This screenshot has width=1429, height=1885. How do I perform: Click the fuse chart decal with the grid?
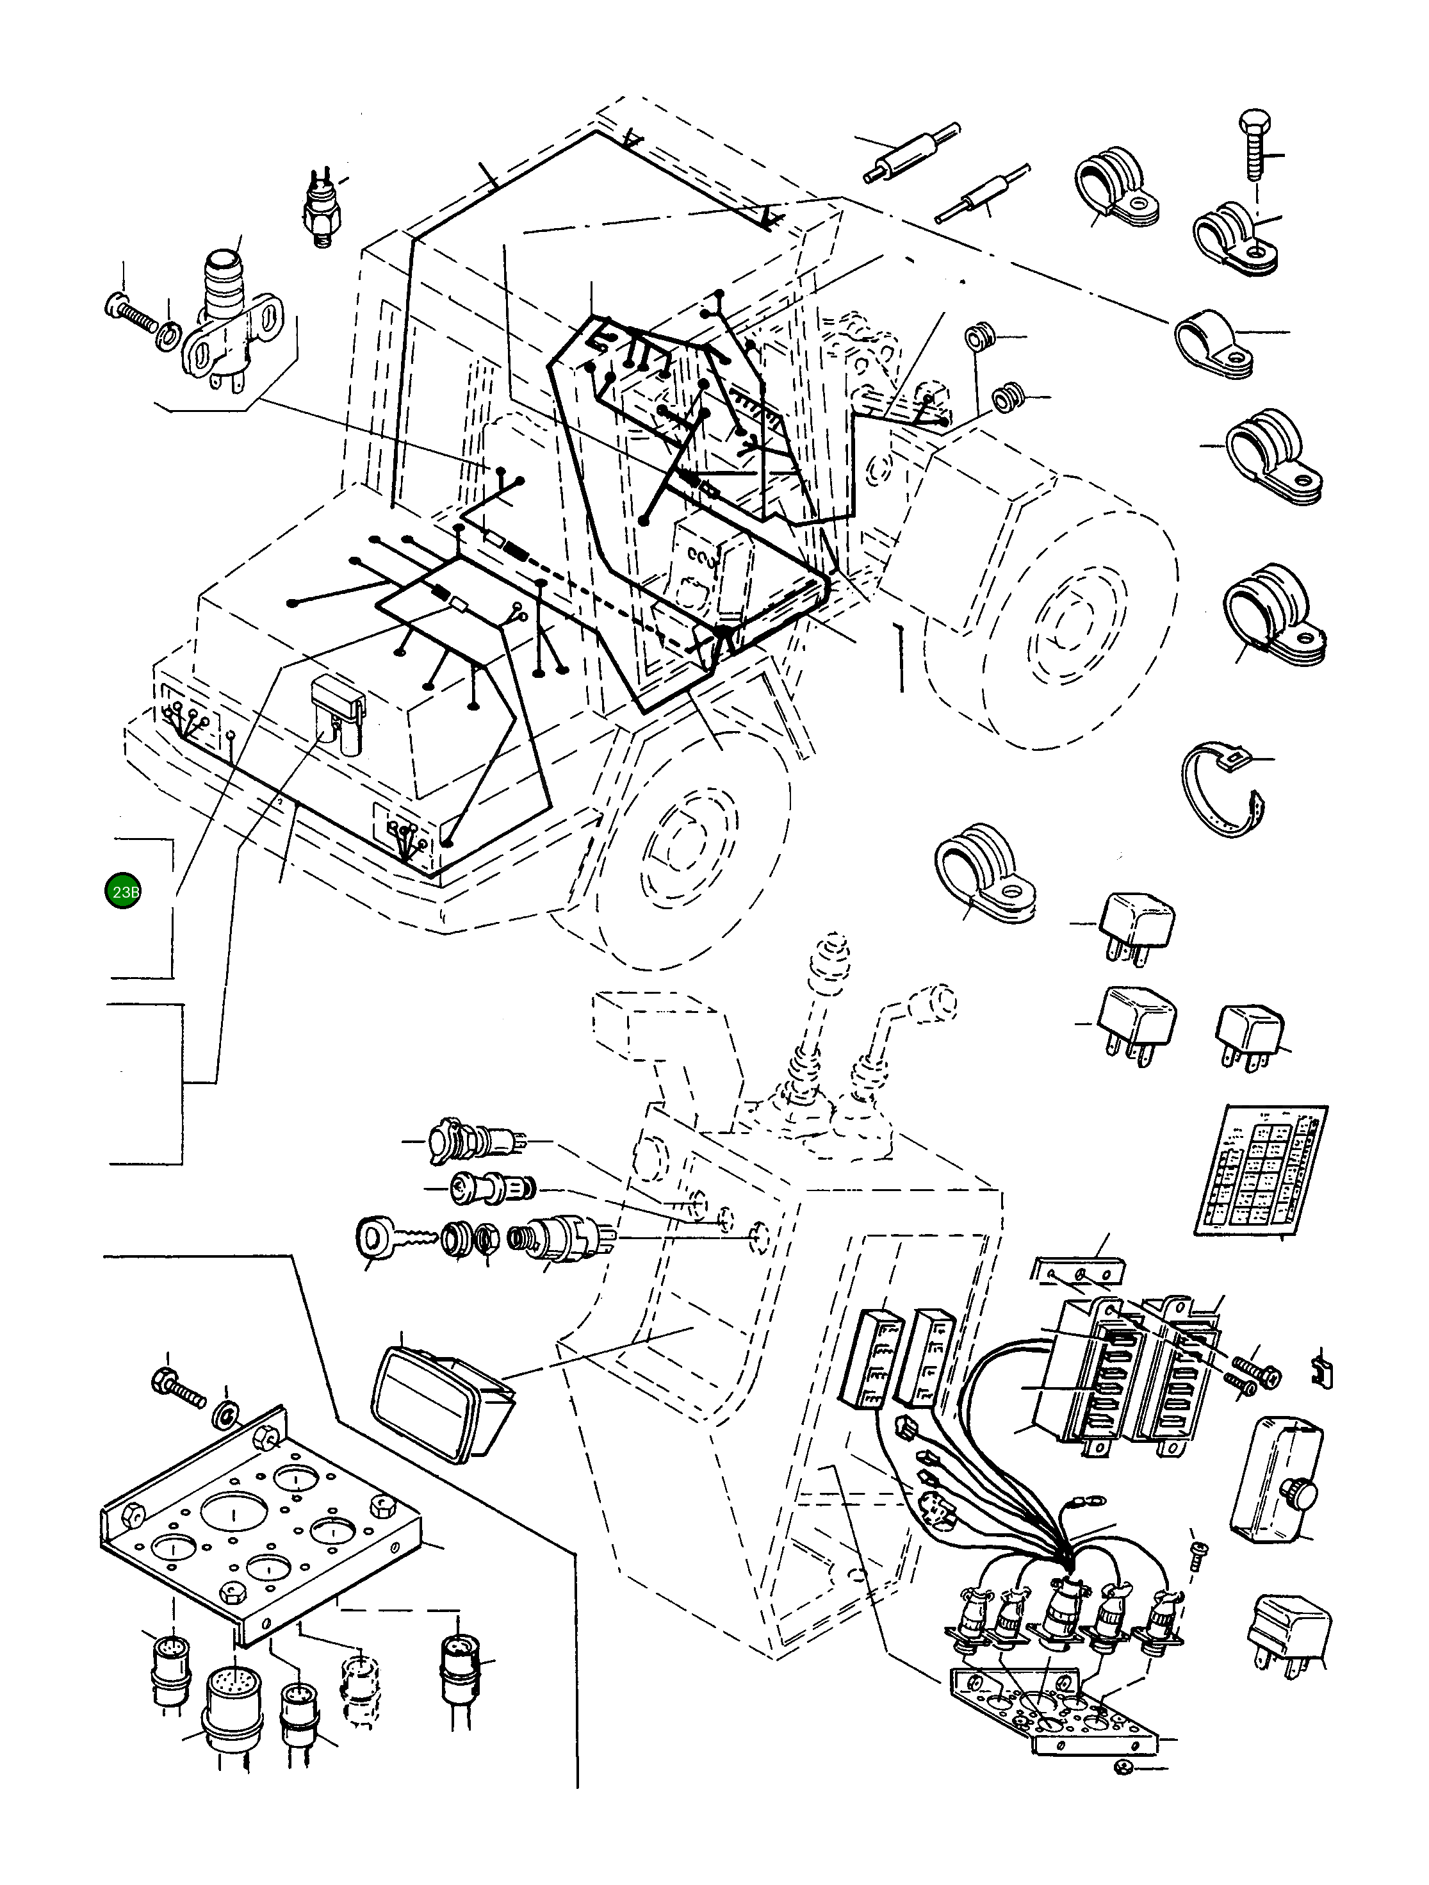pos(1261,1170)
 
